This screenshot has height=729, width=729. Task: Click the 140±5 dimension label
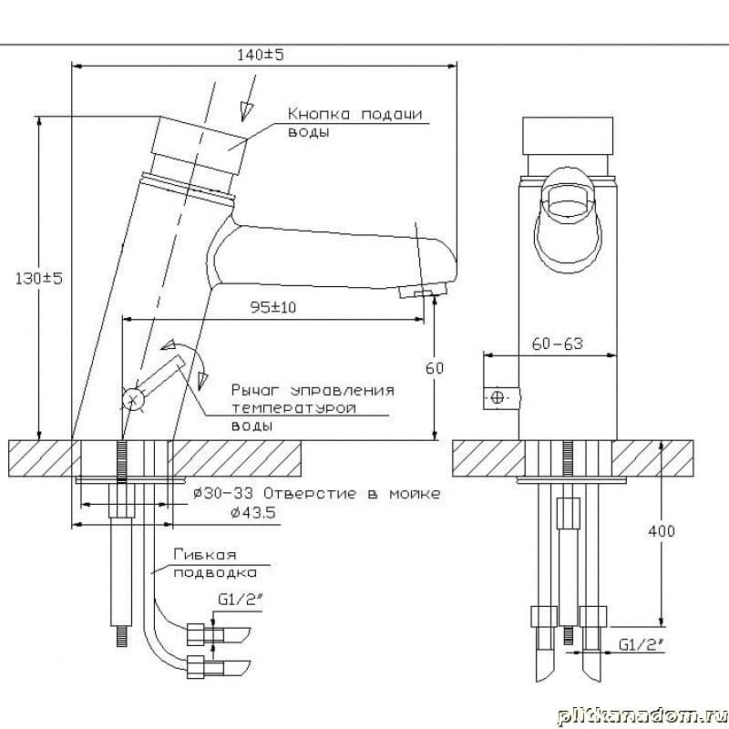(260, 55)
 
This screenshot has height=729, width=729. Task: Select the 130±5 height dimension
(38, 279)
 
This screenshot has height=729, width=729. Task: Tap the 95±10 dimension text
(272, 307)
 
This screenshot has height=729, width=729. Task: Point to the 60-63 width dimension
(557, 344)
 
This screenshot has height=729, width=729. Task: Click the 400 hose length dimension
(662, 531)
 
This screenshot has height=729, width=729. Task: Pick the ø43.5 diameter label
(253, 513)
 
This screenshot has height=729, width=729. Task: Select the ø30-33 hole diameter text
(223, 493)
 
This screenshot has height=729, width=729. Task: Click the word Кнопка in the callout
(318, 115)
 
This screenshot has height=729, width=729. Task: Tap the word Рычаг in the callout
(254, 391)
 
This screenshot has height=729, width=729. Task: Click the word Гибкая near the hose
(205, 555)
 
